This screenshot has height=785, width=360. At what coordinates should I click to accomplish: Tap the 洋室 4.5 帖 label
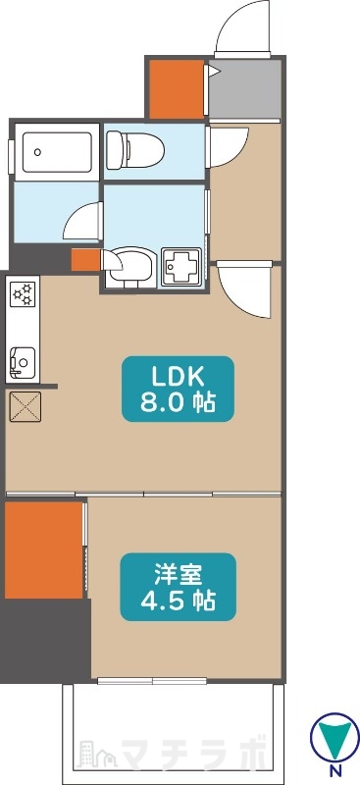click(x=178, y=587)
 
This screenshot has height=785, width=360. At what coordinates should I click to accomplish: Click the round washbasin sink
click(x=131, y=265)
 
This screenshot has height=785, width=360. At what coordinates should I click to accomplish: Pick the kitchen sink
click(x=20, y=362)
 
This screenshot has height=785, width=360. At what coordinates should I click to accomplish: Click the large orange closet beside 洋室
click(x=43, y=549)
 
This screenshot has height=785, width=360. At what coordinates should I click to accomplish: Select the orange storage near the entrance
click(x=175, y=86)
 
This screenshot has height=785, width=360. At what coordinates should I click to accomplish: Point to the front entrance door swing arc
click(x=240, y=26)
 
